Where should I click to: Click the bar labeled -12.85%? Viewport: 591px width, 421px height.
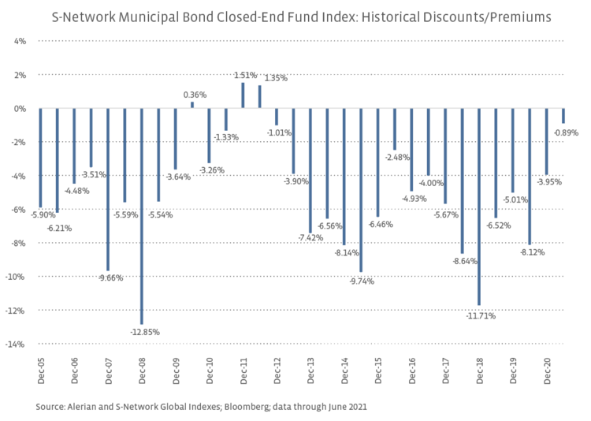tap(142, 216)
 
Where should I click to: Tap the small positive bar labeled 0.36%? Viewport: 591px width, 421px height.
tap(192, 105)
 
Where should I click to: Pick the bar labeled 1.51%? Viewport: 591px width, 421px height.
tap(243, 95)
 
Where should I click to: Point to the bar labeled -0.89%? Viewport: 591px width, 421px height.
tap(563, 116)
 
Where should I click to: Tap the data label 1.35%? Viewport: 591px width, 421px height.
tap(276, 78)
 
